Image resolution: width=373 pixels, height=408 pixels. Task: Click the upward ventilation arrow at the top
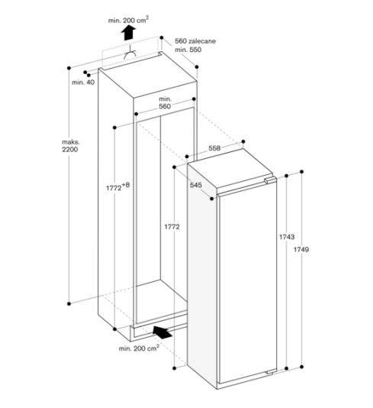coord(129,31)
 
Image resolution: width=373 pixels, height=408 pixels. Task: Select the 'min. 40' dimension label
coord(83,82)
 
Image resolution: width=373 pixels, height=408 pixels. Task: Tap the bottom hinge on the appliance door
coord(267,371)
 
